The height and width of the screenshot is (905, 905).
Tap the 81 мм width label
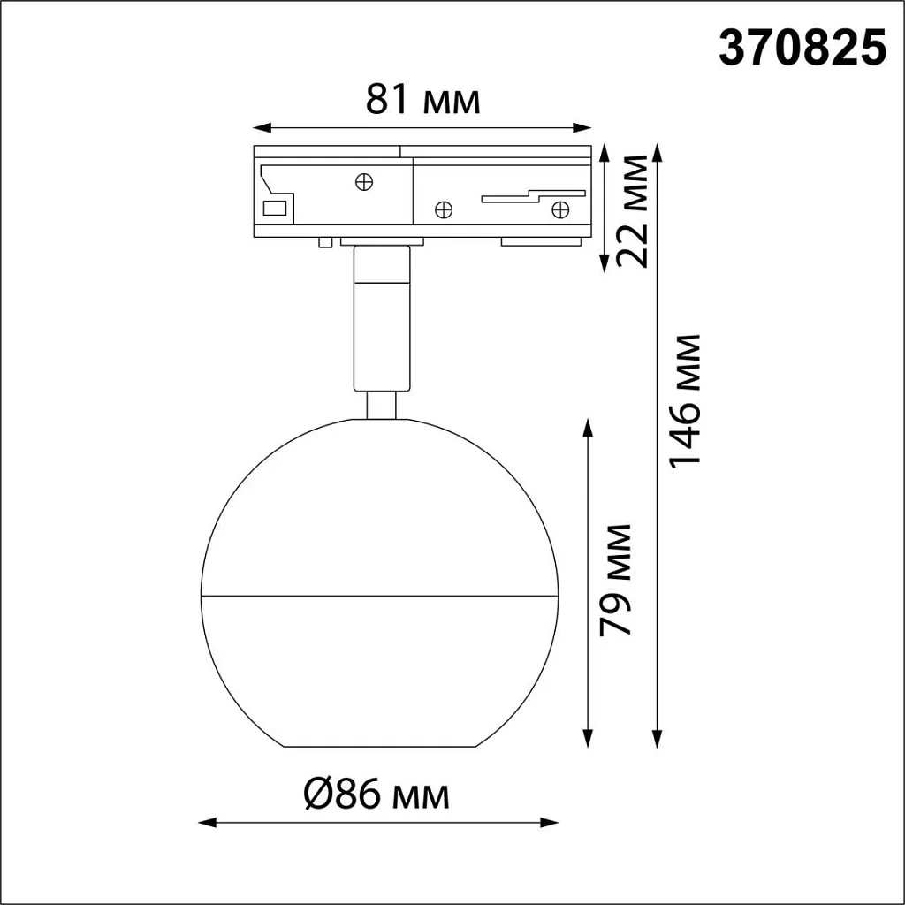(423, 101)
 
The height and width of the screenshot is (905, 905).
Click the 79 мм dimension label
(616, 579)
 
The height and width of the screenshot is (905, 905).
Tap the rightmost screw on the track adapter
(559, 209)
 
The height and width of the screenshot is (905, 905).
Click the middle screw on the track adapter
(444, 209)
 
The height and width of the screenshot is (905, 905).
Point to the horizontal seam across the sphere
(380, 594)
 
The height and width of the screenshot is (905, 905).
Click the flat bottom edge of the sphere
(380, 747)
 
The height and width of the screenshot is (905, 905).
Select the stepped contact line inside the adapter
(530, 194)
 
